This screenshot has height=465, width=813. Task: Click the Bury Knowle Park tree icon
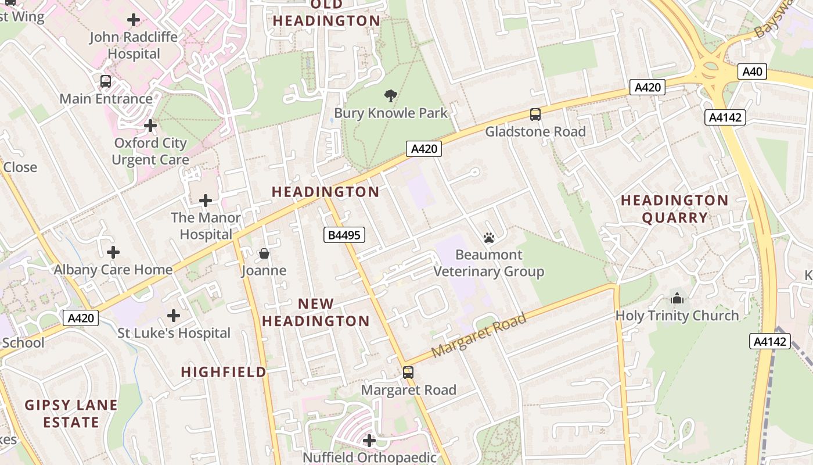point(391,95)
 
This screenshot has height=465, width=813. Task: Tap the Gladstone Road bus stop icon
point(535,115)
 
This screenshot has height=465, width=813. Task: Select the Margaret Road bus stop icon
point(408,373)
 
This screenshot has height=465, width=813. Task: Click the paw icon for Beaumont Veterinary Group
point(488,237)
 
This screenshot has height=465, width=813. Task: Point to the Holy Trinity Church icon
point(677,299)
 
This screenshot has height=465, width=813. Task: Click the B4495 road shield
point(344,235)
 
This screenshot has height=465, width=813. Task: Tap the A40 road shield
point(752,72)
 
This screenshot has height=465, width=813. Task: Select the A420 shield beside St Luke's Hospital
point(80,318)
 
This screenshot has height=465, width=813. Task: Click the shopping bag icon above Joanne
point(264,253)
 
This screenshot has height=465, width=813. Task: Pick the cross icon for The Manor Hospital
point(205,201)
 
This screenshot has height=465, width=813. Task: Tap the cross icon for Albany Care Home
point(113,252)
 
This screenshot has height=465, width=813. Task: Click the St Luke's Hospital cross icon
point(173,316)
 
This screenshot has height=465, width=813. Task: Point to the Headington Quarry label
point(674,209)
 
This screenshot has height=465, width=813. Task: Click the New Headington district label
point(316,312)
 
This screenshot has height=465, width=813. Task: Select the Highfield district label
point(224,372)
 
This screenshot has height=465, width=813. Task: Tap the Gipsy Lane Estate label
point(71,413)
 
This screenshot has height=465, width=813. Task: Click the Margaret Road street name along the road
point(479,335)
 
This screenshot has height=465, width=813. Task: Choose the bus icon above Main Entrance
point(105,81)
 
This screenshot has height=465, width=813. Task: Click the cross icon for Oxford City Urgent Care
point(150,126)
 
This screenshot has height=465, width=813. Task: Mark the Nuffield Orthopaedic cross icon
point(369,441)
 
